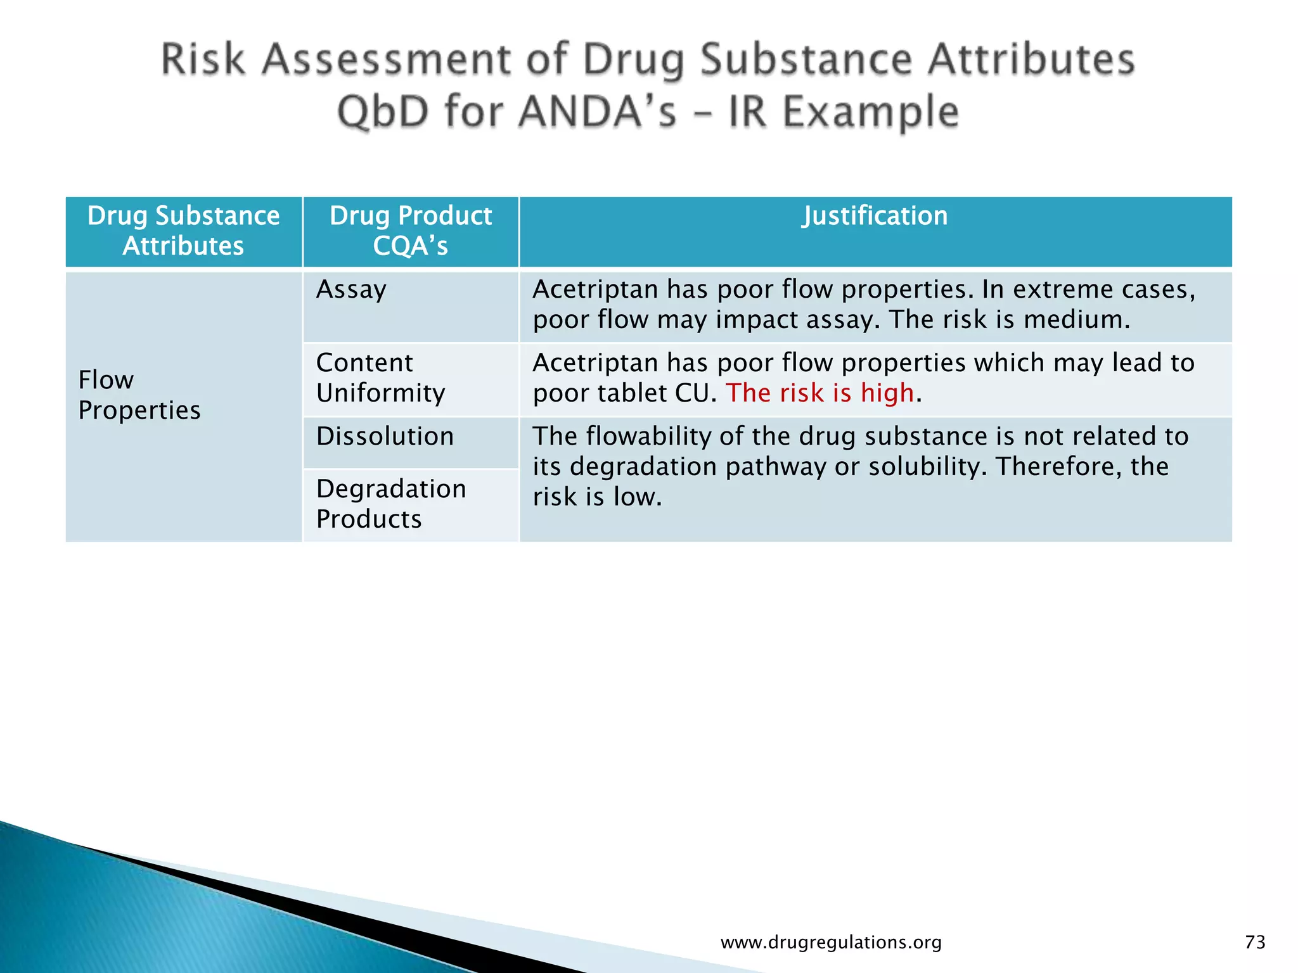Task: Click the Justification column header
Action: click(x=875, y=216)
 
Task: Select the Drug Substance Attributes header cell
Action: click(x=183, y=231)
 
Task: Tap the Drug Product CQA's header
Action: click(x=411, y=231)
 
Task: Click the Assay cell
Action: click(x=351, y=289)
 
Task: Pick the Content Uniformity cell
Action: click(x=380, y=378)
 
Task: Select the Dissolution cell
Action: click(x=385, y=436)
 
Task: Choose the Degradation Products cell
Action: click(x=390, y=504)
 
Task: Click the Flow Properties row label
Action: click(x=139, y=395)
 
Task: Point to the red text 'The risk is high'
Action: click(x=819, y=393)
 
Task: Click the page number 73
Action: click(x=1255, y=943)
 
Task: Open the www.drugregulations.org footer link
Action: click(x=831, y=943)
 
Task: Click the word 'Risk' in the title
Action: click(x=203, y=60)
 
